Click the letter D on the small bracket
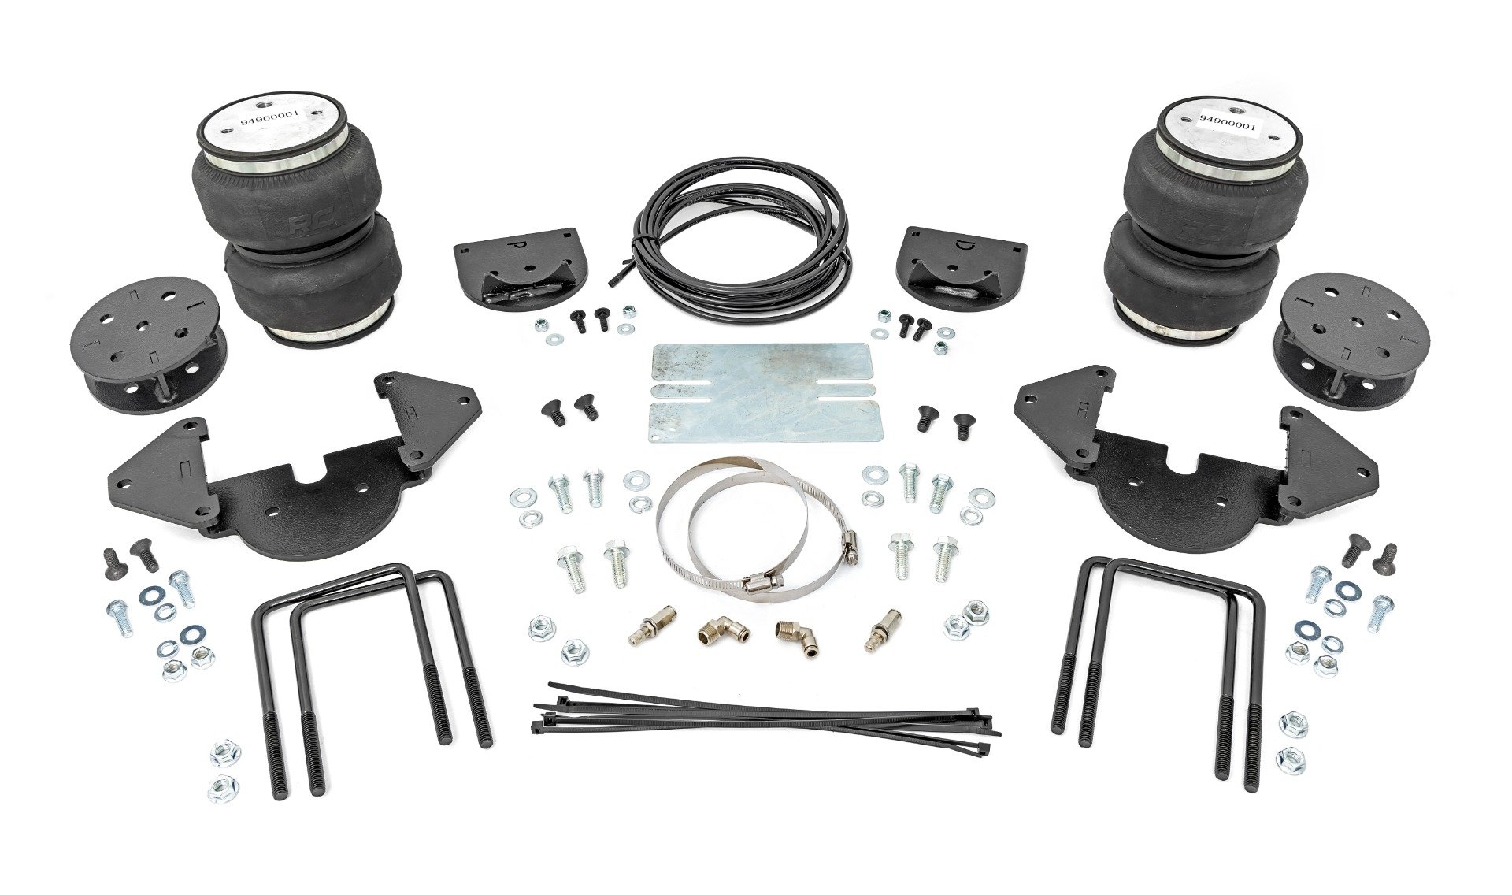943,246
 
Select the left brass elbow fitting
721,631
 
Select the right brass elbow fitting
797,632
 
